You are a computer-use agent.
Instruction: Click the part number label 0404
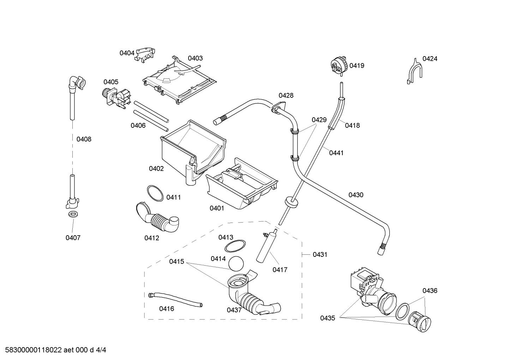pyautogui.click(x=127, y=53)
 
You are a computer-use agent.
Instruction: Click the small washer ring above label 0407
pyautogui.click(x=73, y=214)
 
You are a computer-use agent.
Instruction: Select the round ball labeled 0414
pyautogui.click(x=236, y=264)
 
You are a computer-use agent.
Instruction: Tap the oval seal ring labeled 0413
pyautogui.click(x=235, y=246)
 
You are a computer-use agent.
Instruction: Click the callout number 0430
pyautogui.click(x=355, y=195)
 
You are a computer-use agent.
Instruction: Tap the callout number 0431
pyautogui.click(x=320, y=254)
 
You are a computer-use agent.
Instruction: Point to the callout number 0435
pyautogui.click(x=328, y=318)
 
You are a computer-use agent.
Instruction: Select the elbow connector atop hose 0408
pyautogui.click(x=76, y=83)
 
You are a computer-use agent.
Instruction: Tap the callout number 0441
pyautogui.click(x=336, y=153)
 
